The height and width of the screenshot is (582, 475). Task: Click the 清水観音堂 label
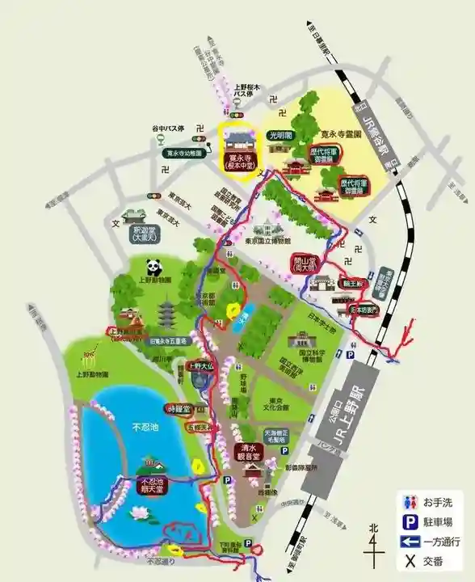point(249,451)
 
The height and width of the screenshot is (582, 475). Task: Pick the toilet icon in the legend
point(410,502)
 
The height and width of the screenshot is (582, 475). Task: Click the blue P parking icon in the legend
point(410,522)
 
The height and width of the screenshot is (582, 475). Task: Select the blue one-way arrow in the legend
point(410,542)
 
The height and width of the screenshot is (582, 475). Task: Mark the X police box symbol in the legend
point(410,562)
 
